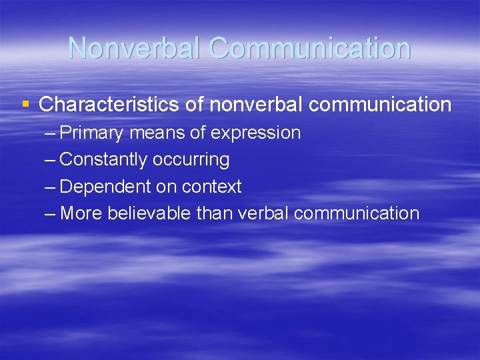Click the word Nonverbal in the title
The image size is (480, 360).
click(134, 48)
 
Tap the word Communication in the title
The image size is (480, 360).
click(309, 48)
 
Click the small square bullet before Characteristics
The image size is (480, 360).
click(26, 104)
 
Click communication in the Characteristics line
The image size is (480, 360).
click(381, 105)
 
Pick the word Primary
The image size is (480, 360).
click(91, 133)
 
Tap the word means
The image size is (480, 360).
click(157, 133)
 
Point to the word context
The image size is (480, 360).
click(211, 187)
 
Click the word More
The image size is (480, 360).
click(81, 213)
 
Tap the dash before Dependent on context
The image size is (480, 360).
click(51, 187)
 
